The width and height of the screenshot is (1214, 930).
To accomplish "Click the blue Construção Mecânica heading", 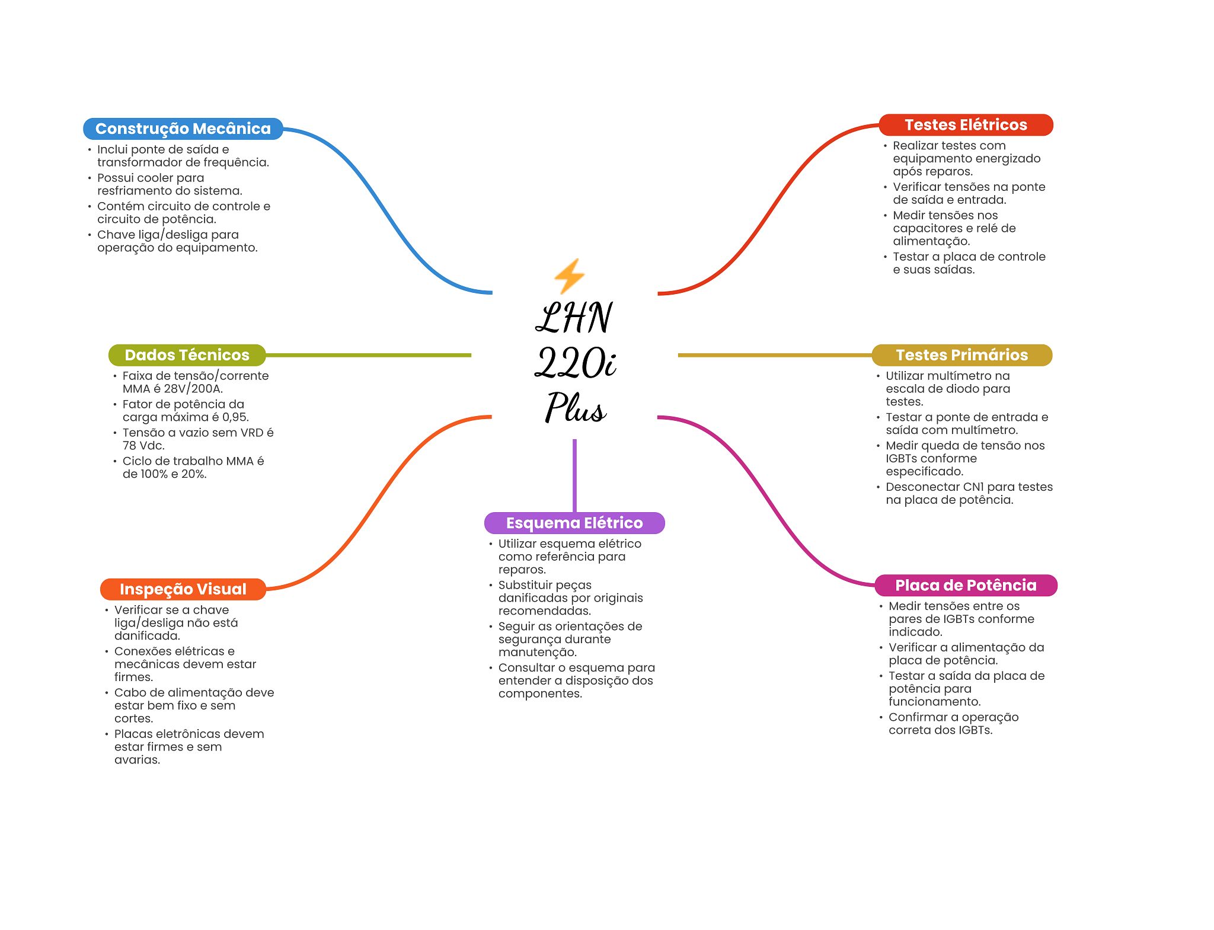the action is [x=183, y=129].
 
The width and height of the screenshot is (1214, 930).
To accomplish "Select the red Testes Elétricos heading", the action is [x=966, y=125].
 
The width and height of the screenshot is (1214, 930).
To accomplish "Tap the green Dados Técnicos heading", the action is [x=187, y=355].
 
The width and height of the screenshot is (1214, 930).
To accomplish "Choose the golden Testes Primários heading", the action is [x=961, y=355].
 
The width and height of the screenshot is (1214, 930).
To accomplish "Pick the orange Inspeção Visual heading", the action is [x=183, y=589].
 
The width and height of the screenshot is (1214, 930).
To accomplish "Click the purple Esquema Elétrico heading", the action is [x=574, y=523].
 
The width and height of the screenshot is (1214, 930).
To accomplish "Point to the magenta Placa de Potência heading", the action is [x=966, y=586].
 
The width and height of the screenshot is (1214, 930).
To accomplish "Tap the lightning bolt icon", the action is [x=569, y=276].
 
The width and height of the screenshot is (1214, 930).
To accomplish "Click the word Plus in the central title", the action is [x=576, y=407].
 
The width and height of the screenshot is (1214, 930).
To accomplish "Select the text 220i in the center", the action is [x=576, y=362].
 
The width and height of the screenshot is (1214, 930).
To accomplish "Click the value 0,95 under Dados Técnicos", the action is [x=235, y=417].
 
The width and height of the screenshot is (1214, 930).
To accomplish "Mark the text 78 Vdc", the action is [x=143, y=446].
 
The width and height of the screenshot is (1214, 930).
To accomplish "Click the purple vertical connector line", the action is [x=574, y=475].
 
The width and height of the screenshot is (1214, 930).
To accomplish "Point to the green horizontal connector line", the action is [x=369, y=355].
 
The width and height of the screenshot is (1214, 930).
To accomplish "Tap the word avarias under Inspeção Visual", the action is [x=137, y=760].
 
